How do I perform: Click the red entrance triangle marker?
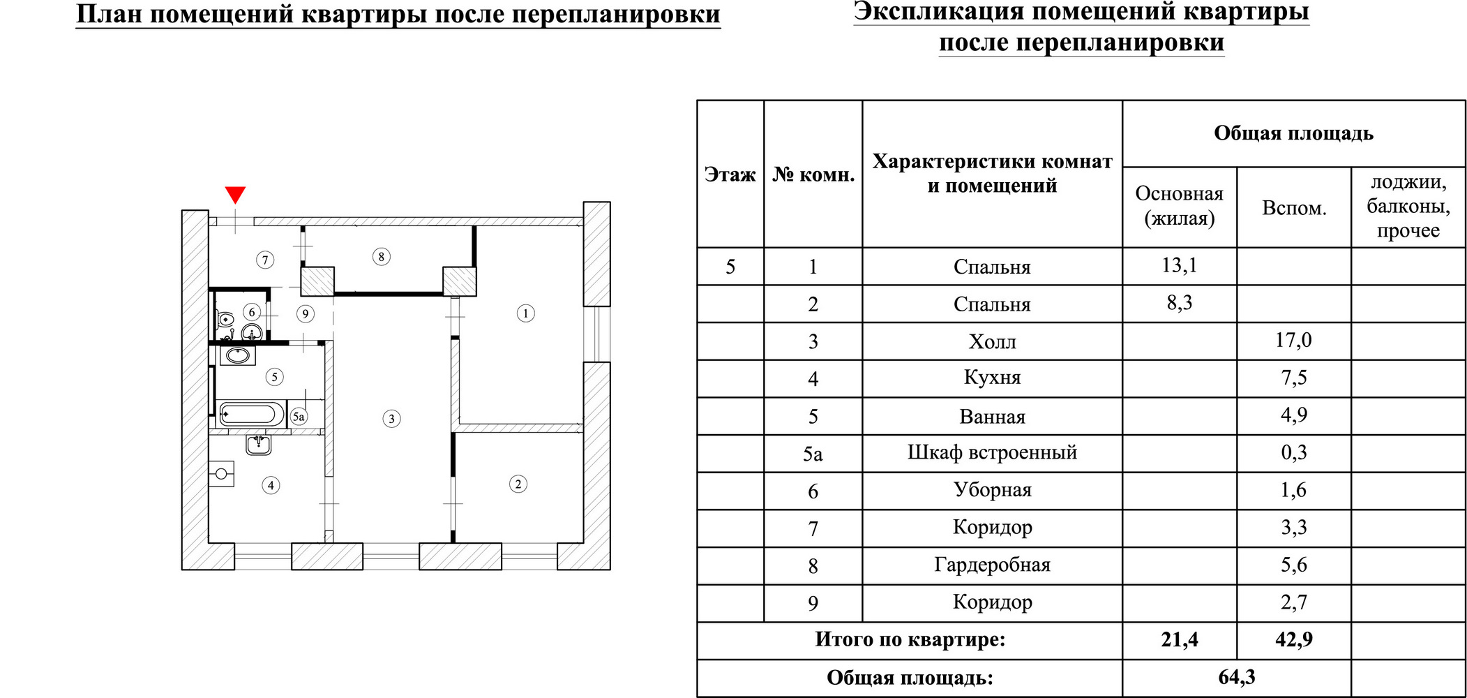tap(235, 194)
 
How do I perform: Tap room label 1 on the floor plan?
tap(526, 313)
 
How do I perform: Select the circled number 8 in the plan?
tap(381, 257)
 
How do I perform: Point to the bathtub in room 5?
tap(250, 414)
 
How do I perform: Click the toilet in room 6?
tap(225, 320)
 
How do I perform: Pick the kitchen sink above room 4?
tap(258, 444)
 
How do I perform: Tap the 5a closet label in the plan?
tap(299, 417)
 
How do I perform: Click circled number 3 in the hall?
tap(391, 419)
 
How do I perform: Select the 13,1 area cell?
tap(1179, 266)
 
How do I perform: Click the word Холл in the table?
tap(992, 341)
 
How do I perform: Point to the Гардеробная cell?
tap(992, 565)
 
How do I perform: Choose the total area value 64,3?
tap(1236, 677)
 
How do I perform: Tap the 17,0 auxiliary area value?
tap(1293, 341)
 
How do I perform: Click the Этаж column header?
tap(730, 174)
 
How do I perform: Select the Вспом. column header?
tap(1294, 208)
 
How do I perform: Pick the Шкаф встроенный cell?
tap(992, 453)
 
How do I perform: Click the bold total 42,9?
tap(1293, 639)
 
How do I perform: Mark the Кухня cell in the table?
tap(992, 378)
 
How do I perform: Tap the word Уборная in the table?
tap(992, 490)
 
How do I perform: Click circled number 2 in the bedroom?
tap(518, 484)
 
